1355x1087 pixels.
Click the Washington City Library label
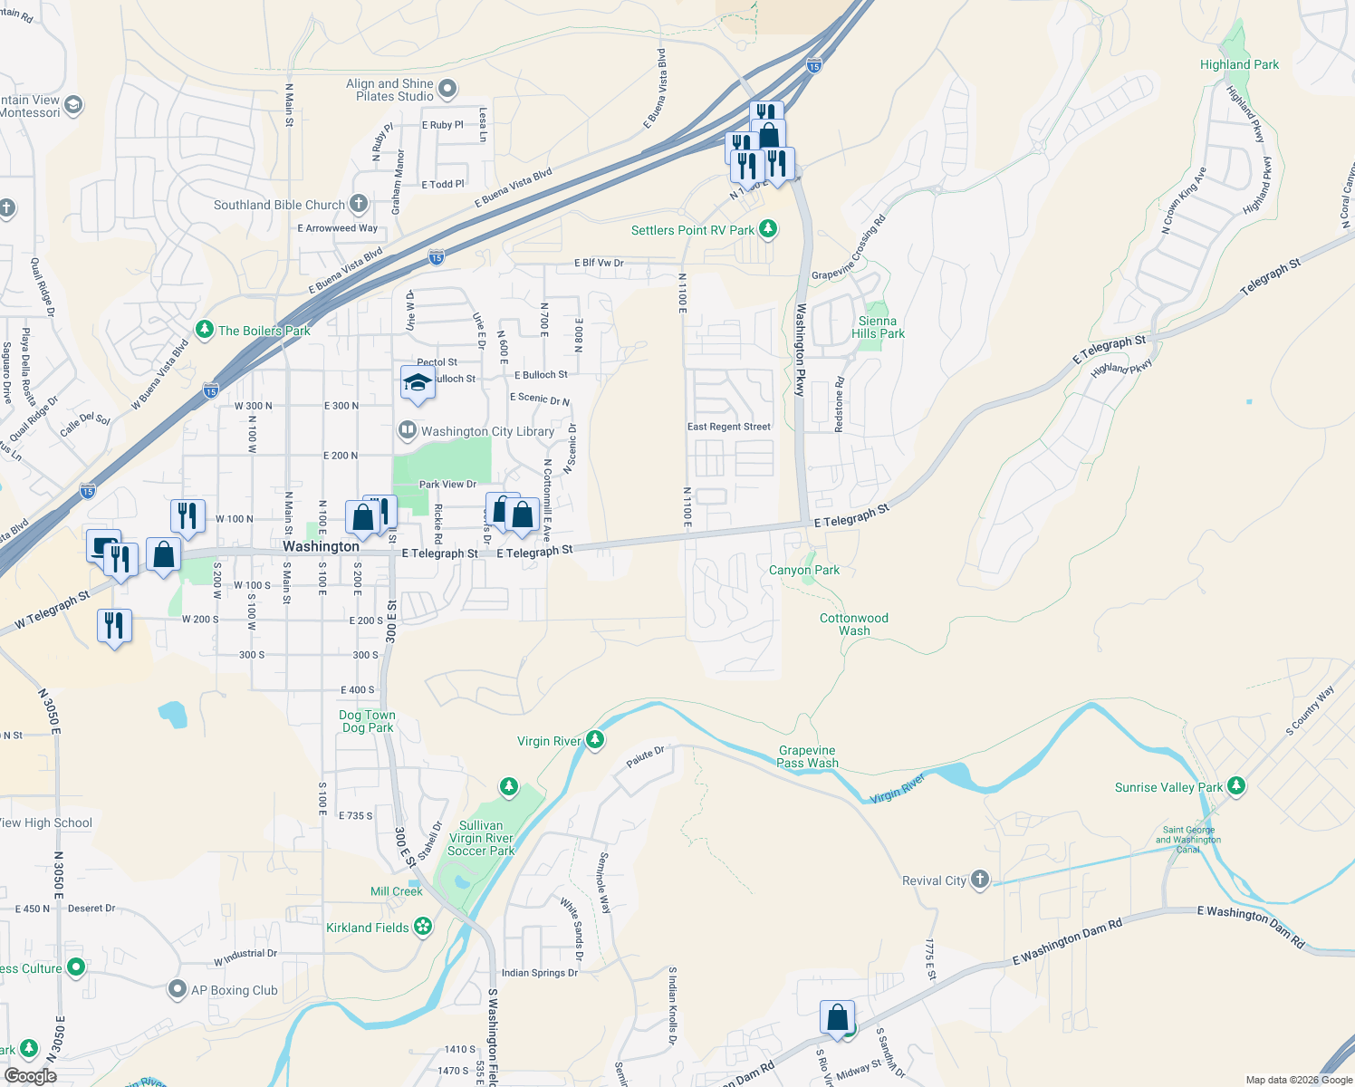(x=487, y=432)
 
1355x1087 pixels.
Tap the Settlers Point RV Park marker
(x=768, y=229)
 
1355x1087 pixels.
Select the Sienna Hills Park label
(x=878, y=327)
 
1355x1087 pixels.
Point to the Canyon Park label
(x=803, y=571)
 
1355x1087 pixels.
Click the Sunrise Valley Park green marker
(x=1236, y=786)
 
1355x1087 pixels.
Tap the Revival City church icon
(x=979, y=880)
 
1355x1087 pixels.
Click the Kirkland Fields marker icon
(x=422, y=927)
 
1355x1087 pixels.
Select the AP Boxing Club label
(x=234, y=990)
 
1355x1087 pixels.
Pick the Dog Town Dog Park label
(x=367, y=721)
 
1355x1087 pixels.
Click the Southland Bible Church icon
(x=359, y=204)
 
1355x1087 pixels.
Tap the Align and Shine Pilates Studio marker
(x=447, y=89)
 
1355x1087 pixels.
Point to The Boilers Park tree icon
(x=205, y=330)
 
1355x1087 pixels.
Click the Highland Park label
(x=1239, y=64)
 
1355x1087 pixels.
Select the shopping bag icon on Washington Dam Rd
(x=838, y=1017)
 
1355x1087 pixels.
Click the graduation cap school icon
(x=417, y=383)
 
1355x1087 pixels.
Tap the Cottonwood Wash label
(x=853, y=624)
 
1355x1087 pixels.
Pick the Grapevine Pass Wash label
(x=807, y=756)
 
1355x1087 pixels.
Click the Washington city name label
(x=321, y=546)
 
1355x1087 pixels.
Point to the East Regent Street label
(x=728, y=427)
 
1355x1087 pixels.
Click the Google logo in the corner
(x=30, y=1076)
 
